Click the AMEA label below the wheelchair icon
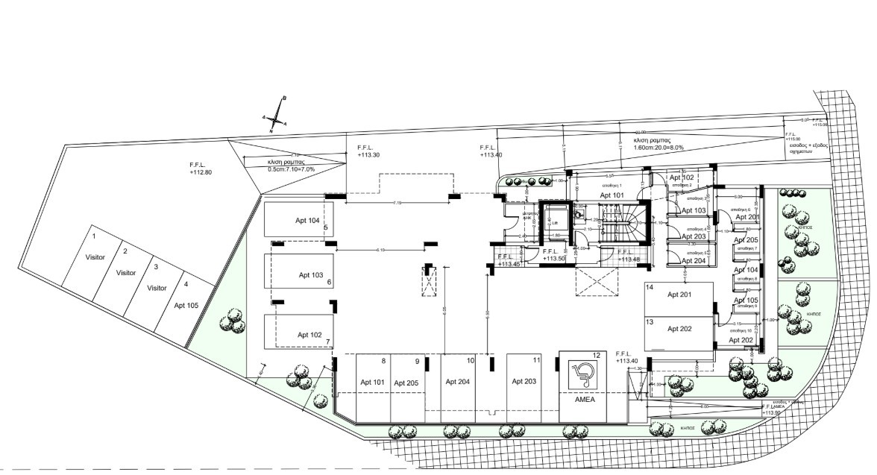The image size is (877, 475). [584, 399]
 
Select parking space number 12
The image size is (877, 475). [596, 355]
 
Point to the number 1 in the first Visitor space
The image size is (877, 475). [94, 236]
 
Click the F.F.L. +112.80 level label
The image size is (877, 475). [201, 168]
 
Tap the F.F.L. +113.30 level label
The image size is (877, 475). [368, 151]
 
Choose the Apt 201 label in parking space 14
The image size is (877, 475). [679, 295]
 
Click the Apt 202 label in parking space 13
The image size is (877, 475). [679, 329]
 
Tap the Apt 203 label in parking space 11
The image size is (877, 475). [524, 381]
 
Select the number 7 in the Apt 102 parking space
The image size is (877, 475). [327, 342]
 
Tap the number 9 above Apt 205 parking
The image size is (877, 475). [417, 362]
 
